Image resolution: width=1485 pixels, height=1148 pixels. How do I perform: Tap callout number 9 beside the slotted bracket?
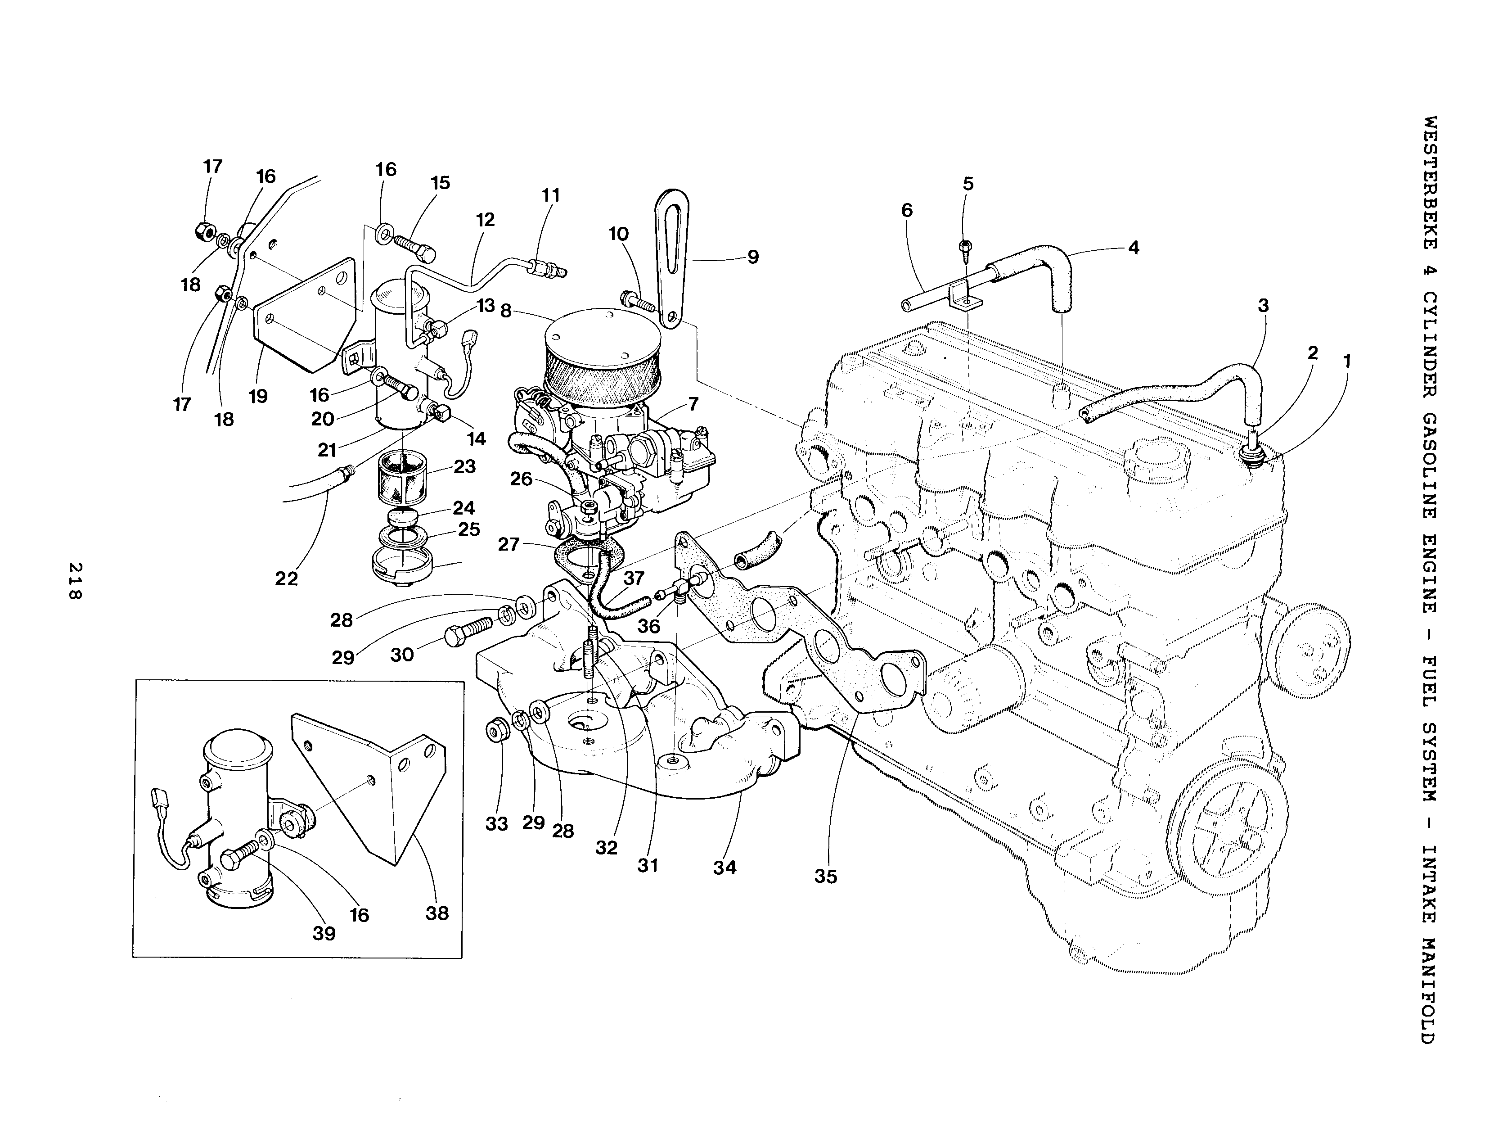point(753,257)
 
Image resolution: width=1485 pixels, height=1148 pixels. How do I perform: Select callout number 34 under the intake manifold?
point(725,868)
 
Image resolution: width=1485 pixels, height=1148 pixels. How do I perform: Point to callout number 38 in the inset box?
point(437,913)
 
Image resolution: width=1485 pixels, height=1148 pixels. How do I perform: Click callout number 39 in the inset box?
point(324,934)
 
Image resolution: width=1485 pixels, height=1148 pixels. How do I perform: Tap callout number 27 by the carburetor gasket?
point(508,544)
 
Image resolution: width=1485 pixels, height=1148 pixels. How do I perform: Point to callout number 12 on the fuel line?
point(486,220)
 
